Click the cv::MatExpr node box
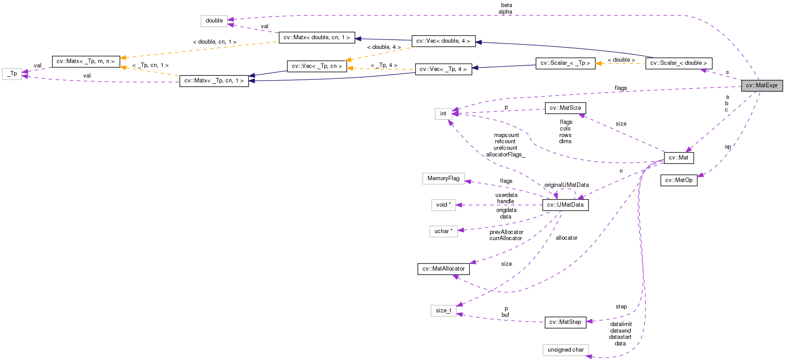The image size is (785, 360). [x=762, y=85]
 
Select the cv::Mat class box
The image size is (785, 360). [x=678, y=158]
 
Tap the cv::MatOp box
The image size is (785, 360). [x=679, y=180]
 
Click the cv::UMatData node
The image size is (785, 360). [x=565, y=205]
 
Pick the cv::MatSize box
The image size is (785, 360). [x=565, y=108]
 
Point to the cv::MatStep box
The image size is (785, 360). [x=565, y=322]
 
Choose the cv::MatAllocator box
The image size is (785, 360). [x=443, y=269]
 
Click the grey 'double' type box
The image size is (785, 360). [x=214, y=21]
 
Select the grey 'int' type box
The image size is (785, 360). [x=443, y=114]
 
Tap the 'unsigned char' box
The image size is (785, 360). [x=565, y=350]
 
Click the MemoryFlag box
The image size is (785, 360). [x=443, y=178]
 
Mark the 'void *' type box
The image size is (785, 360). [x=443, y=205]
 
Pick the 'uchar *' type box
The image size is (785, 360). [x=443, y=231]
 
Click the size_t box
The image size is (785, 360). [x=443, y=311]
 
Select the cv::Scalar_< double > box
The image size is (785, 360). [x=678, y=63]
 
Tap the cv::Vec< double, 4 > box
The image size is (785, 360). [x=443, y=41]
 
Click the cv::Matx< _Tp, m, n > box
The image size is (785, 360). [x=86, y=61]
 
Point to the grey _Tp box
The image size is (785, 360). [x=12, y=74]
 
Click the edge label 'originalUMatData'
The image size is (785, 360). [x=566, y=185]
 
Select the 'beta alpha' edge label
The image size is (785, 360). [x=506, y=8]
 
